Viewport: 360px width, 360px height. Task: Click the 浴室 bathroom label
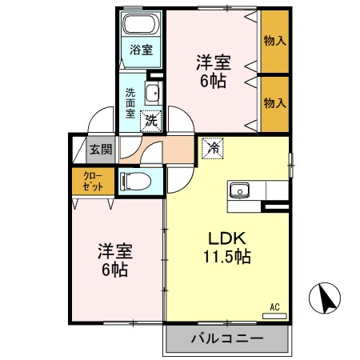(x=141, y=50)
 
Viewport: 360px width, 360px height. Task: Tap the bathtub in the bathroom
(x=141, y=23)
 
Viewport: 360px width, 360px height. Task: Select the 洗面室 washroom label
(x=130, y=102)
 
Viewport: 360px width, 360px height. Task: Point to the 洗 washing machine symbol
(x=150, y=121)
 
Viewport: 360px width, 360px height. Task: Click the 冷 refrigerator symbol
(x=212, y=146)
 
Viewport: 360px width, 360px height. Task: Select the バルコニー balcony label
(x=226, y=338)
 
